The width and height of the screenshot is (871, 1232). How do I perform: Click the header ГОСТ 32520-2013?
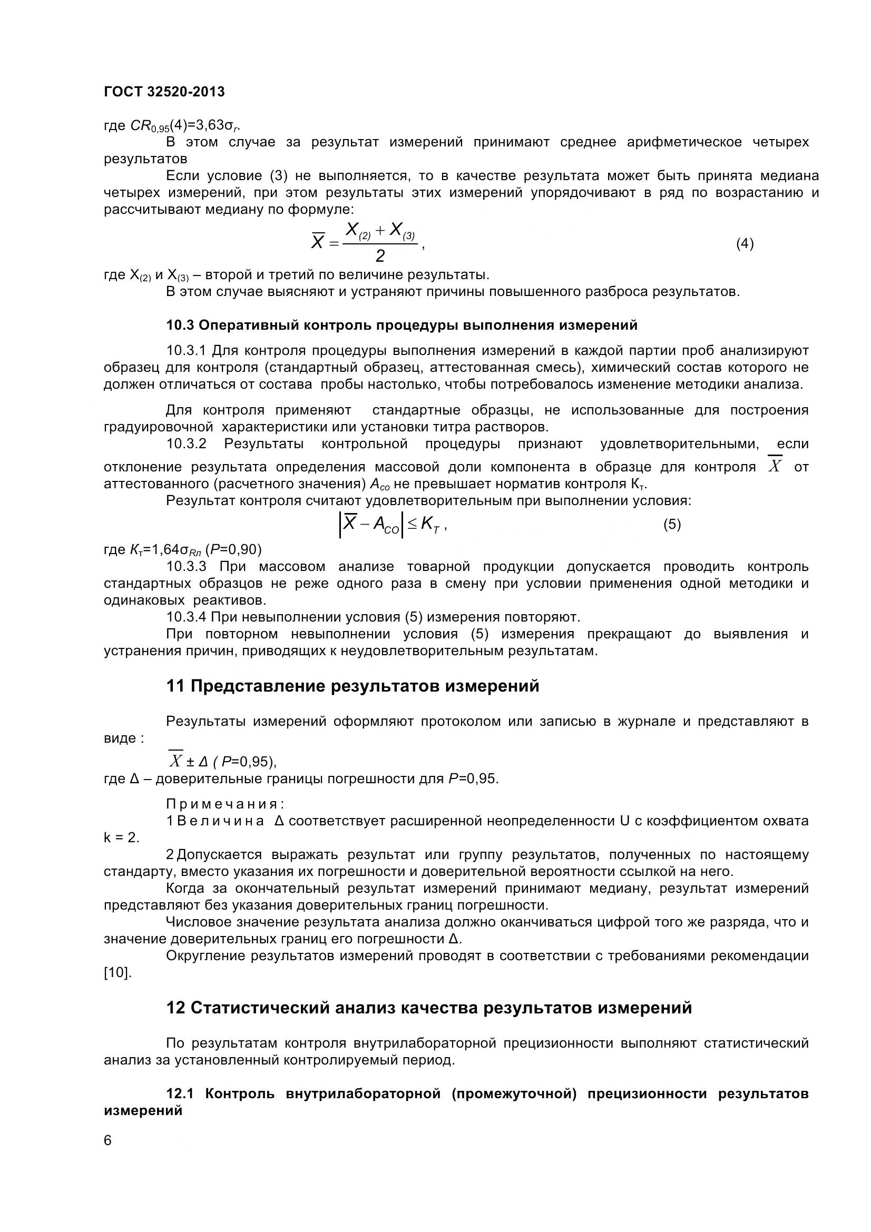[164, 92]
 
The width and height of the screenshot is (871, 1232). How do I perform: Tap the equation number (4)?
[745, 244]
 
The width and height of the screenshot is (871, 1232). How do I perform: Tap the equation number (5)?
[672, 524]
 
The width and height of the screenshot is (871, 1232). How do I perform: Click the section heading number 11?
[175, 686]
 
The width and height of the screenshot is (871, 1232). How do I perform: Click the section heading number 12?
[175, 1008]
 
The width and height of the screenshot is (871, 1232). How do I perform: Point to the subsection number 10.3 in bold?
[180, 325]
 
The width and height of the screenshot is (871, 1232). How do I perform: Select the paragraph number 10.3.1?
[186, 351]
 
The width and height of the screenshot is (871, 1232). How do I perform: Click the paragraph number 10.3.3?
[186, 567]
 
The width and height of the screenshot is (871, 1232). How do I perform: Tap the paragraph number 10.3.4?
[186, 617]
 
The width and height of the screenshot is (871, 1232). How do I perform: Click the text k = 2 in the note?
[121, 837]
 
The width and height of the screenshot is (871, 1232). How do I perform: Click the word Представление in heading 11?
[256, 686]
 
